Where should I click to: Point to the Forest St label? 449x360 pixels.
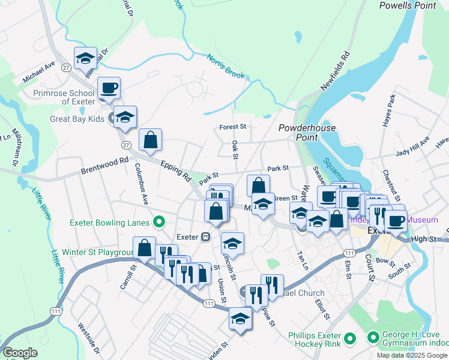[233, 127]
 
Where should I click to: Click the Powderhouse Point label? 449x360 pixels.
[298, 133]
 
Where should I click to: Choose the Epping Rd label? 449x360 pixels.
[175, 170]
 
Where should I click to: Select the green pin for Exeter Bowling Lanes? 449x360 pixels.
[159, 223]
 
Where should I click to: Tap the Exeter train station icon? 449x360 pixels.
[205, 236]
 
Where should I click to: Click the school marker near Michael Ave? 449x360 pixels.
[86, 59]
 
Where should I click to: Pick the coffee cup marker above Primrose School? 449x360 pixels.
[109, 89]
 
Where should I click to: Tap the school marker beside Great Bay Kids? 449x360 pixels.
[125, 117]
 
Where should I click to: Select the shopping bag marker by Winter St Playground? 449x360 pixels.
[144, 248]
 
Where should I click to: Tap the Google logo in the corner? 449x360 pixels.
[20, 353]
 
